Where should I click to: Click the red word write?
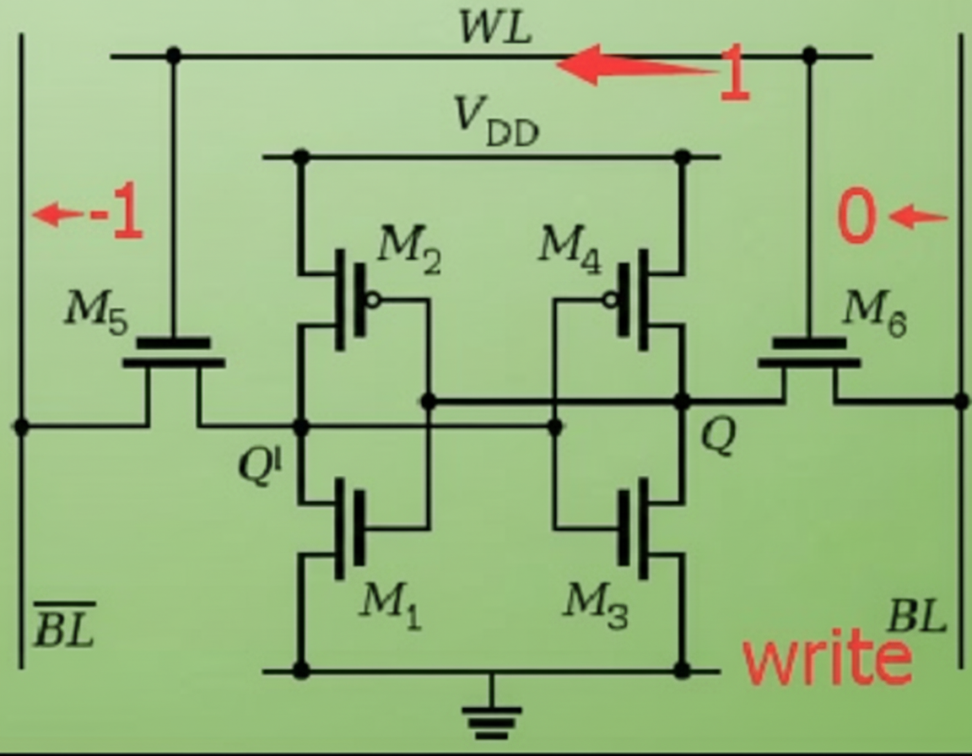827,659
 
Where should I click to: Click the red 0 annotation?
857,217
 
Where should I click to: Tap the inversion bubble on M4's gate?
608,300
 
